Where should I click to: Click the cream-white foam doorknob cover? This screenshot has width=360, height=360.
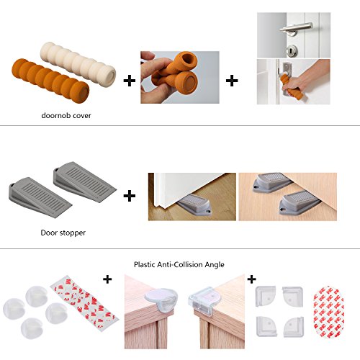(78, 64)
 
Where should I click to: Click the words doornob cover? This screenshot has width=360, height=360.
(66, 115)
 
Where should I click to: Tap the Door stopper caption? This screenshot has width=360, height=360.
(63, 233)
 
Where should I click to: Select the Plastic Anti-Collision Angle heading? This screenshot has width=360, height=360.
(179, 265)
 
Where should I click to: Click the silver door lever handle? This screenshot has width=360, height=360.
(297, 29)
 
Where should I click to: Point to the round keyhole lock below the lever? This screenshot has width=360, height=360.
(292, 50)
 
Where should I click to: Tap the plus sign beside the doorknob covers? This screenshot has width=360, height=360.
(130, 81)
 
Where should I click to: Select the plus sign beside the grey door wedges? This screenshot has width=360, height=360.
(130, 196)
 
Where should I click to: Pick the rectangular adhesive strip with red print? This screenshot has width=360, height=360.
(84, 303)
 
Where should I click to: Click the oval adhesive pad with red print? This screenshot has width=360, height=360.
(328, 312)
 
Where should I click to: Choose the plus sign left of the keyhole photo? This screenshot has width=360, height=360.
(232, 81)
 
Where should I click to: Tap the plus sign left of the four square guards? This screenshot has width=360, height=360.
(251, 279)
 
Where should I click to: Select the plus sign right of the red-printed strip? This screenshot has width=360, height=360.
(107, 279)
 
